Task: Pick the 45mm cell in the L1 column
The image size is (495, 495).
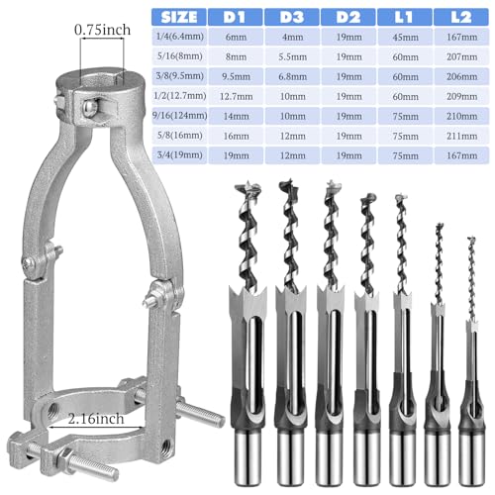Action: tap(406, 40)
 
